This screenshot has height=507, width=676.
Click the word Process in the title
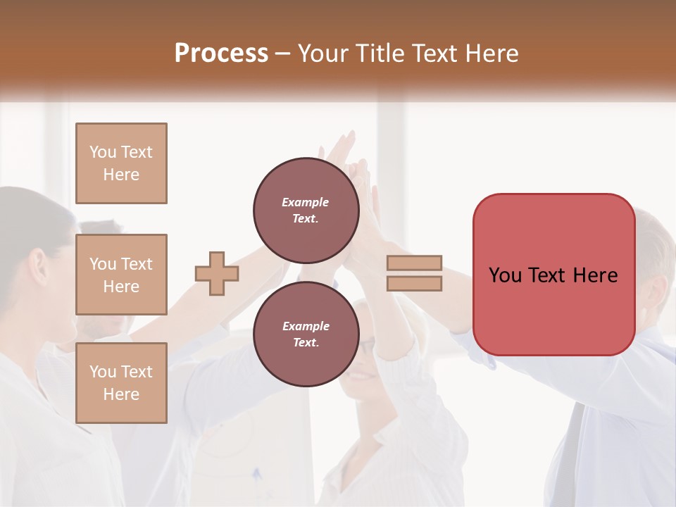(x=221, y=54)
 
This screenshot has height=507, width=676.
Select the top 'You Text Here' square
(x=121, y=163)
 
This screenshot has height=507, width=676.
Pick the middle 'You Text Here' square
(x=121, y=275)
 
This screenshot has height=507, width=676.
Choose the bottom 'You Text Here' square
(x=121, y=383)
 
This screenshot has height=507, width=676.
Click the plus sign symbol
(x=217, y=273)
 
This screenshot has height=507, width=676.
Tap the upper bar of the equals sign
(x=414, y=263)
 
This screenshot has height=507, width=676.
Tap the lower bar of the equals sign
(x=414, y=283)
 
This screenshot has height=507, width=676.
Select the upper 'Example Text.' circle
(x=306, y=211)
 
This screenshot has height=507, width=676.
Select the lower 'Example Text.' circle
(x=306, y=334)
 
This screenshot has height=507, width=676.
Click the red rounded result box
(x=553, y=275)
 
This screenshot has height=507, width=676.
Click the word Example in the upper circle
(x=306, y=203)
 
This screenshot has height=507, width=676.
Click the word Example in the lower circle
(x=306, y=327)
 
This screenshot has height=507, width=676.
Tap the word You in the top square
(x=103, y=152)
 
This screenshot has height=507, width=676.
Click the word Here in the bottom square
(x=121, y=394)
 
